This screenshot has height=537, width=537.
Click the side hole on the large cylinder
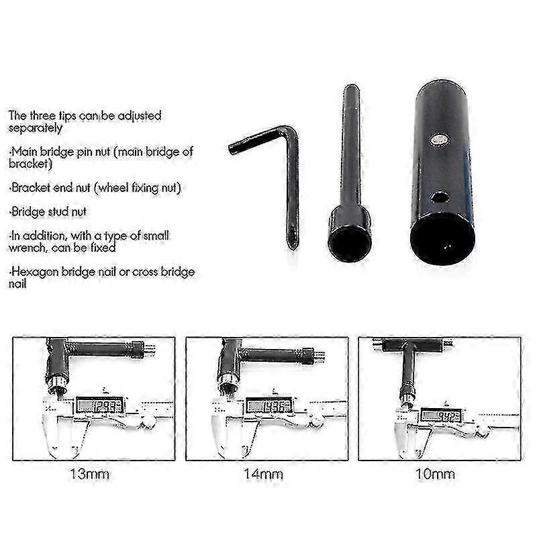[x=440, y=197]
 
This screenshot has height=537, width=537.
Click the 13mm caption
[x=89, y=475]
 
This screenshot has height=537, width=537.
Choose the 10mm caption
[x=435, y=475]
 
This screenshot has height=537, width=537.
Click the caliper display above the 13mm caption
[x=99, y=405]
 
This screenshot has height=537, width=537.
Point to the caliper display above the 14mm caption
[x=268, y=405]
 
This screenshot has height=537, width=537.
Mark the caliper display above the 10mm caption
[x=440, y=416]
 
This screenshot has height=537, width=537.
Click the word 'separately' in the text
[x=36, y=128]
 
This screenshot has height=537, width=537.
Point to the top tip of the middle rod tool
[x=350, y=88]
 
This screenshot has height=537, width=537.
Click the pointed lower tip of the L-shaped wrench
[x=293, y=246]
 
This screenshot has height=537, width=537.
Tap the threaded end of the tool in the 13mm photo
[x=150, y=349]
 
